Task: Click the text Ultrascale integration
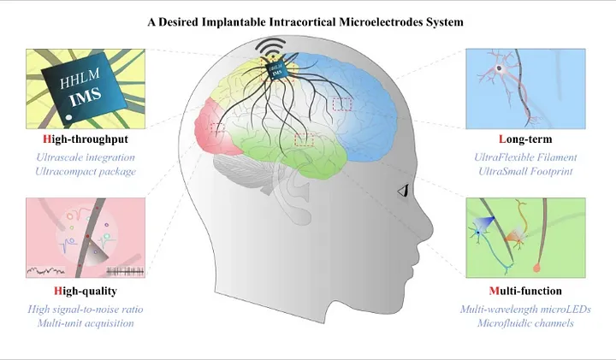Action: coord(86,157)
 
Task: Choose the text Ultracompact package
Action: coord(86,171)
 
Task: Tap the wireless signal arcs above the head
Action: coord(275,44)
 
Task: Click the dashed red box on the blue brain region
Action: coord(341,103)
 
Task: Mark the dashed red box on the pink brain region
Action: coord(217,129)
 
